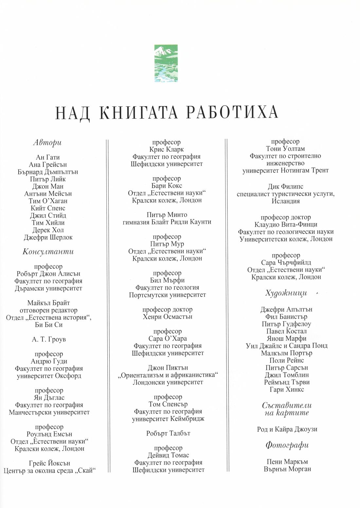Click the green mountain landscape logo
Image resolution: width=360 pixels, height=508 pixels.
pyautogui.click(x=166, y=63)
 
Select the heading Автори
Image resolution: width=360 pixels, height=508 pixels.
pyautogui.click(x=47, y=143)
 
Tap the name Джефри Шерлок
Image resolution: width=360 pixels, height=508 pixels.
pyautogui.click(x=48, y=237)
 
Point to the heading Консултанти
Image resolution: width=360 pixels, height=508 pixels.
pyautogui.click(x=48, y=252)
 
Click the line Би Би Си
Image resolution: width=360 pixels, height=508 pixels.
pyautogui.click(x=48, y=325)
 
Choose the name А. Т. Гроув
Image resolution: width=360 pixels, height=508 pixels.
pyautogui.click(x=49, y=340)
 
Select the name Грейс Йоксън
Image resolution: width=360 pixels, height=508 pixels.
pyautogui.click(x=49, y=464)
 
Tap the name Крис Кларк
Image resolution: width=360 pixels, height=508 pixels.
pyautogui.click(x=167, y=149)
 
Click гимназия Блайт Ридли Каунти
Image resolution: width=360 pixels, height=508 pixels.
pyautogui.click(x=167, y=222)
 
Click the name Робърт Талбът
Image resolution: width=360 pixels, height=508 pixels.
pyautogui.click(x=168, y=433)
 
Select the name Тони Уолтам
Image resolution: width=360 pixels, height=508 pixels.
pyautogui.click(x=285, y=149)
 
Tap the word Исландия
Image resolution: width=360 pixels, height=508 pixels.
pyautogui.click(x=286, y=201)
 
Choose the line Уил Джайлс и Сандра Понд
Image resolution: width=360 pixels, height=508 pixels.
pyautogui.click(x=286, y=346)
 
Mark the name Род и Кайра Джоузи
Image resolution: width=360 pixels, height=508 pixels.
pyautogui.click(x=287, y=429)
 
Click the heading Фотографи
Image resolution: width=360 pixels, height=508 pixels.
pyautogui.click(x=287, y=445)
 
